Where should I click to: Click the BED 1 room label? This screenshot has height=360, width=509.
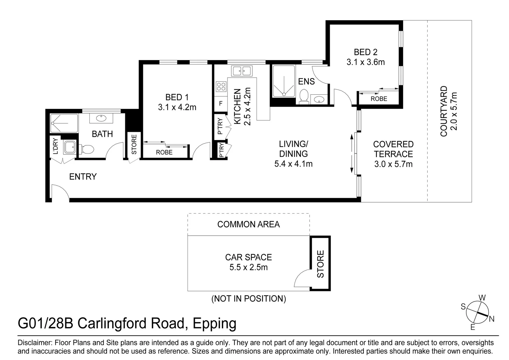point(177,97)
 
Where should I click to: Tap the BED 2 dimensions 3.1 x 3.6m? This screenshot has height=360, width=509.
point(365,62)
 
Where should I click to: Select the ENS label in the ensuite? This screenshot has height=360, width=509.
point(306,81)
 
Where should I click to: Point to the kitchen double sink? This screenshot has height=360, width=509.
point(242,71)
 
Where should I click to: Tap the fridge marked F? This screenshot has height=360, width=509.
point(221,104)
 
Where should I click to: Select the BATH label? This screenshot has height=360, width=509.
point(102,134)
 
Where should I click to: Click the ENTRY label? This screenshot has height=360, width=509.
point(83,177)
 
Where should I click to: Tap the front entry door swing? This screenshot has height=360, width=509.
point(59,193)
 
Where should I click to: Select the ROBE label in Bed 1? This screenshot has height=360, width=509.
point(164,152)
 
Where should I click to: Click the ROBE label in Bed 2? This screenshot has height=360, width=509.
point(379,99)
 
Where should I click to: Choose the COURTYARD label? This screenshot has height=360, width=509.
point(444,111)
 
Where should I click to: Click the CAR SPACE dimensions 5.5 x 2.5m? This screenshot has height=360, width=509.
point(249,267)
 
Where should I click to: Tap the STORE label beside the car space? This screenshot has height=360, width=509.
point(320,264)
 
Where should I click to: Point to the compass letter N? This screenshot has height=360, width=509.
point(492,319)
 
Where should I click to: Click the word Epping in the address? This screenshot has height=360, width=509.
point(215,323)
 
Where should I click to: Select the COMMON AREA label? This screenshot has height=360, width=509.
point(249,225)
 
